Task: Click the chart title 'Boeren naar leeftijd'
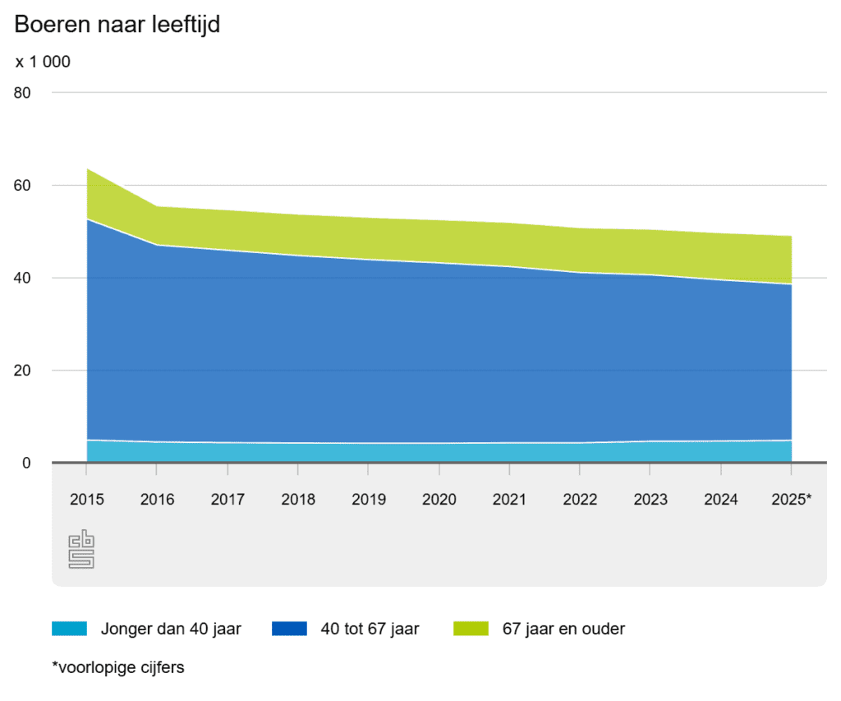point(117,25)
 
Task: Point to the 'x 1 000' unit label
point(43,62)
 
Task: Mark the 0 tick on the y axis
point(27,463)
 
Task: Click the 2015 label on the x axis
point(86,499)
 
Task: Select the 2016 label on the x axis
point(157,499)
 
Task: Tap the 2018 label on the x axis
point(298,499)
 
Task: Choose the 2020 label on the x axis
point(439,499)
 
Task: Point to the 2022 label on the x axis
point(580,499)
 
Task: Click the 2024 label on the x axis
point(720,499)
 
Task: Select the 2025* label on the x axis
point(792,499)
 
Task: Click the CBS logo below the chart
point(81,550)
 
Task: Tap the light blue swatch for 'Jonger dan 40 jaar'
point(69,630)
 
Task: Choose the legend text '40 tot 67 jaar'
point(370,630)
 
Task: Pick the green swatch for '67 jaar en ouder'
point(471,630)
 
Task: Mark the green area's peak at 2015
point(87,170)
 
